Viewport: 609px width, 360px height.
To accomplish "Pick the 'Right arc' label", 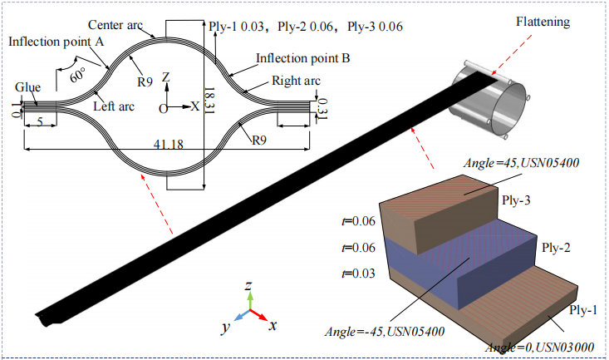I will tap(294, 81).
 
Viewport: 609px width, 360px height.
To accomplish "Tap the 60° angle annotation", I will tap(79, 75).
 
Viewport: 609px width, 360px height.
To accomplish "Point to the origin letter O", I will tap(163, 108).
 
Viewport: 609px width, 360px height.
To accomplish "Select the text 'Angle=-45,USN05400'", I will tap(379, 332).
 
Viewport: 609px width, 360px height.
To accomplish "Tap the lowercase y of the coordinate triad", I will tap(224, 328).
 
